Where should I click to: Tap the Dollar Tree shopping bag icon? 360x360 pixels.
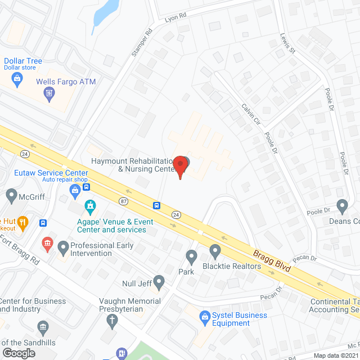17,79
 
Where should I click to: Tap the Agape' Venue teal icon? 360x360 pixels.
89,206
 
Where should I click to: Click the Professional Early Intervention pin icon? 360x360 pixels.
63,246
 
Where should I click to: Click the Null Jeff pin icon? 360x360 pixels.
159,281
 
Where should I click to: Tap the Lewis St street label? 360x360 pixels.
287,43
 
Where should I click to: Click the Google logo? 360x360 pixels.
19,353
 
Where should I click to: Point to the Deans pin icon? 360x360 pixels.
342,206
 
